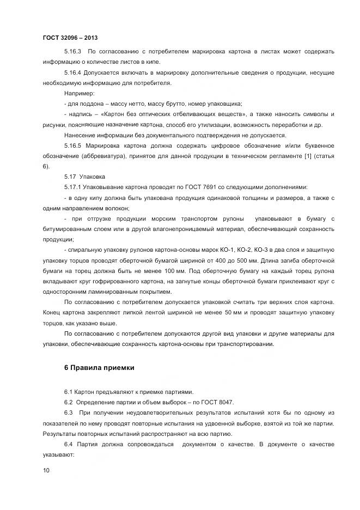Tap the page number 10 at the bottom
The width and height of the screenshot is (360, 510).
point(46,470)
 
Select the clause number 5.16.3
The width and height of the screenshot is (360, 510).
point(73,52)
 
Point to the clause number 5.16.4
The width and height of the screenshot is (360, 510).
point(73,73)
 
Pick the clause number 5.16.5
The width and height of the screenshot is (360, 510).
point(73,146)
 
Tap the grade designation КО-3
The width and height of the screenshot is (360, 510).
point(283,250)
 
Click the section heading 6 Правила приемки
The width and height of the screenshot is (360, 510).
point(99,368)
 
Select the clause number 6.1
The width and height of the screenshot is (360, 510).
point(68,392)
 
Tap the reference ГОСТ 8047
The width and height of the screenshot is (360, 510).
point(217,403)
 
